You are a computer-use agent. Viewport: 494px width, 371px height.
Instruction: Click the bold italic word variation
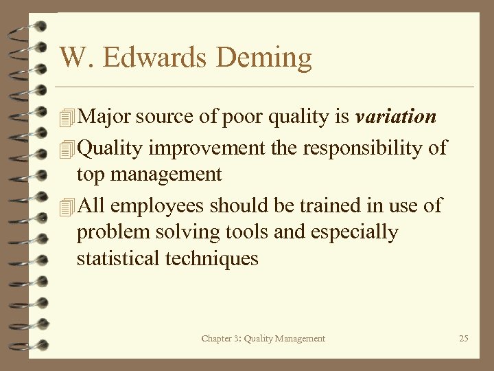[x=396, y=117]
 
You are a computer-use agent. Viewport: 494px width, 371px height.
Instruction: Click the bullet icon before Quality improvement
[x=67, y=148]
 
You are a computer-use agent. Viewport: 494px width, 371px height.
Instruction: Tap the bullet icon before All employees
[x=67, y=207]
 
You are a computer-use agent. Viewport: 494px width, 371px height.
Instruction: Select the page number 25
[x=463, y=338]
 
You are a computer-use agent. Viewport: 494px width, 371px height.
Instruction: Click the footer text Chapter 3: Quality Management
[x=263, y=338]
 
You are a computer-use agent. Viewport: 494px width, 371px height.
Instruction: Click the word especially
[x=354, y=233]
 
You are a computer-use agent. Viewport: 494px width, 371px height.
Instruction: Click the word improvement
[x=215, y=148]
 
